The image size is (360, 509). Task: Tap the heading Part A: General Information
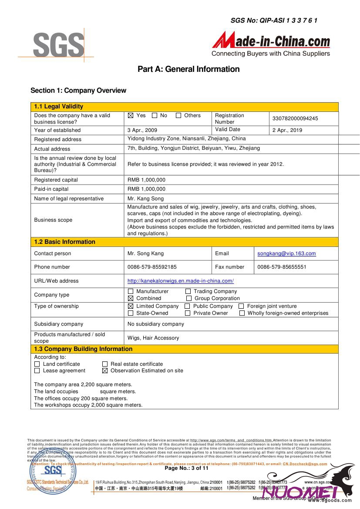coord(188,69)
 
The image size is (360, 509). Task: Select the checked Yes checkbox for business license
coord(131,116)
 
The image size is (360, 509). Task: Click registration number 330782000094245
coord(295,118)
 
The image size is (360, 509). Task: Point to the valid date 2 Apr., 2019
coord(287,130)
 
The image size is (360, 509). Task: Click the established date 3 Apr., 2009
coord(142,130)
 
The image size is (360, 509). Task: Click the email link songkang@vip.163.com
coord(286,253)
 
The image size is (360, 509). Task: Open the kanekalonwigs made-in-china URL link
coord(180,281)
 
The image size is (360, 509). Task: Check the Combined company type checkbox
coord(131,299)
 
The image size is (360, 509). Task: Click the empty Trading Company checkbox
coord(188,292)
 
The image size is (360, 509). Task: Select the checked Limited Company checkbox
coord(131,307)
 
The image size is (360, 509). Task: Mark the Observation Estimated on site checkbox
coord(105,371)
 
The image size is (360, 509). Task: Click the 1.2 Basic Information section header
coord(64,242)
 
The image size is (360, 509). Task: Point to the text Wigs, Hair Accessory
coord(153,338)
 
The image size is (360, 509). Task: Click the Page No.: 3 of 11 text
coord(186,469)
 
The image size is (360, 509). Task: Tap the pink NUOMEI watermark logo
coord(300,492)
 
